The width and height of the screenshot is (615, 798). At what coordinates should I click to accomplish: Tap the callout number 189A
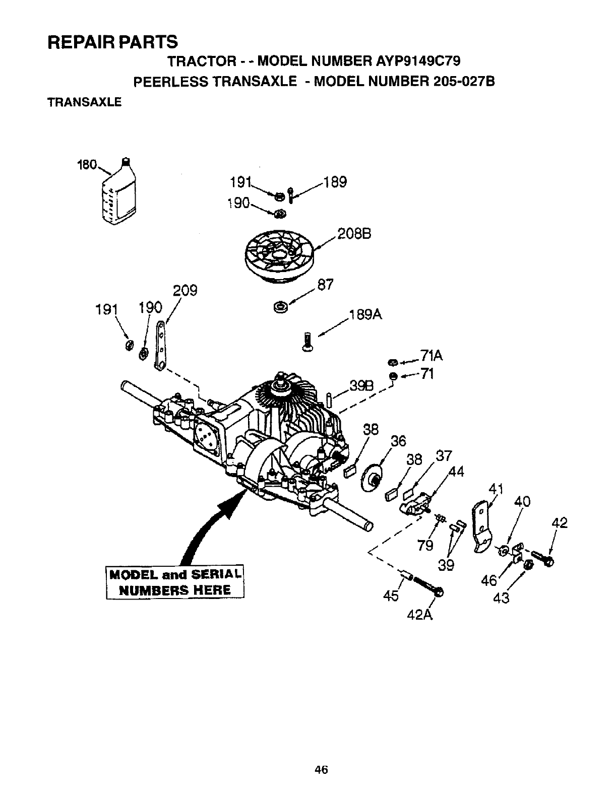[365, 315]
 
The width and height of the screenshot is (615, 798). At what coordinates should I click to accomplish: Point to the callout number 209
[185, 291]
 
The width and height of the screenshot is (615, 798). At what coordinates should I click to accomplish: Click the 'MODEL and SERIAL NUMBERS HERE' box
[175, 582]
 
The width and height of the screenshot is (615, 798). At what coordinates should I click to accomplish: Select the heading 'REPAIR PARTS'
[112, 41]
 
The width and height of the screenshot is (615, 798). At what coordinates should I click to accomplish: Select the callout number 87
[326, 285]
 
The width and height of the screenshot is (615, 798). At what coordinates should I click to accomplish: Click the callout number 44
[455, 472]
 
